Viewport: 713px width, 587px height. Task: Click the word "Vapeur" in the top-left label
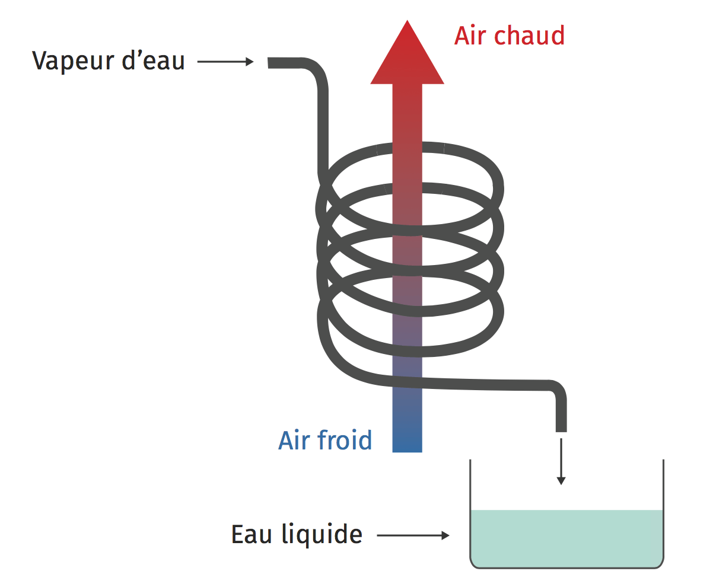click(x=72, y=61)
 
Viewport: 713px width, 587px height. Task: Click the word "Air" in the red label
click(x=470, y=36)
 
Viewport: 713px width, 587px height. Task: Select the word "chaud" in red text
click(x=529, y=36)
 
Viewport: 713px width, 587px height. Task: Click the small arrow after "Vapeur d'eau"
click(x=225, y=62)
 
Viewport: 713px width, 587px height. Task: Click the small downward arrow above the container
click(x=561, y=462)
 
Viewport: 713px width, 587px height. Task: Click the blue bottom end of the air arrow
click(x=407, y=442)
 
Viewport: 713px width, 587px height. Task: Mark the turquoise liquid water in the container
click(x=566, y=537)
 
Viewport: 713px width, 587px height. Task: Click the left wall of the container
click(x=470, y=510)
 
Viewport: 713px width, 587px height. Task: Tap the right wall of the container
click(x=663, y=510)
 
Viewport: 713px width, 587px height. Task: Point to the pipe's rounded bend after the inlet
click(x=318, y=71)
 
